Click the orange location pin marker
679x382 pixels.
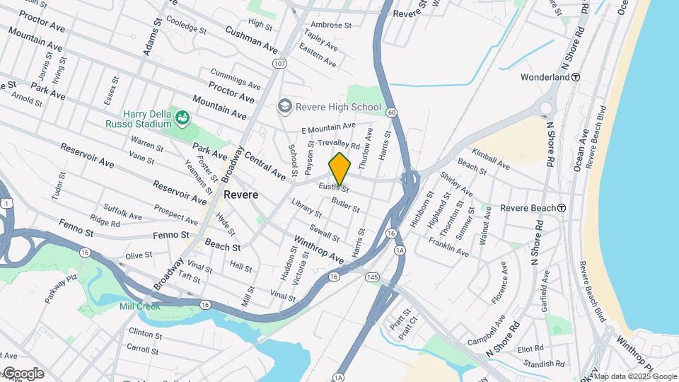(339, 169)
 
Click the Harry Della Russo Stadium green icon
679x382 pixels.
(182, 116)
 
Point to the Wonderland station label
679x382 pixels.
(545, 76)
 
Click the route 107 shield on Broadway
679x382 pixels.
(279, 64)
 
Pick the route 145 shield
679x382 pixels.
(372, 277)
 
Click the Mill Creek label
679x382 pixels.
(139, 306)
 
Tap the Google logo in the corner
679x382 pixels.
(23, 373)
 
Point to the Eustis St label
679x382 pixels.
(333, 189)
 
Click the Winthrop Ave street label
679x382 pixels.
(318, 249)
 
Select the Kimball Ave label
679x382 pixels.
(492, 158)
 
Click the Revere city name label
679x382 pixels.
(240, 194)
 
